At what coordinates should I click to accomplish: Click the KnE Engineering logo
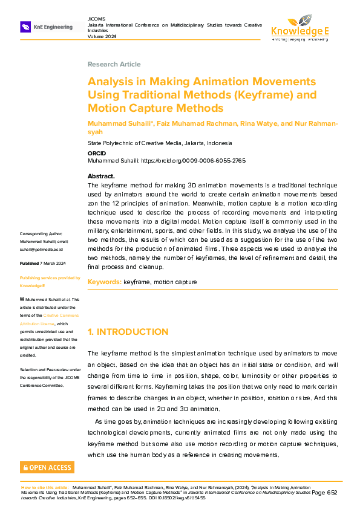tap(47, 27)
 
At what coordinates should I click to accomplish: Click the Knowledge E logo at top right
tap(299, 27)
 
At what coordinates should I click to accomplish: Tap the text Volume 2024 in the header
tap(102, 36)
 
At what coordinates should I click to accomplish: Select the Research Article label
tap(114, 64)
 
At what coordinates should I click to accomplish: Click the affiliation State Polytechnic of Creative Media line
tap(160, 143)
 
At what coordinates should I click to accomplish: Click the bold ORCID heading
tap(97, 154)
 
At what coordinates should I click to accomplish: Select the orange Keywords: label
tap(105, 282)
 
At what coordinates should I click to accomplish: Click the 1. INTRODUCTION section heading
tap(128, 332)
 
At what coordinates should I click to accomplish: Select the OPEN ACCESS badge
tap(47, 467)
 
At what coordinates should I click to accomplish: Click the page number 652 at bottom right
tap(331, 493)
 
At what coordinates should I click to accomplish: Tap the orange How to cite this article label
tap(45, 487)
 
